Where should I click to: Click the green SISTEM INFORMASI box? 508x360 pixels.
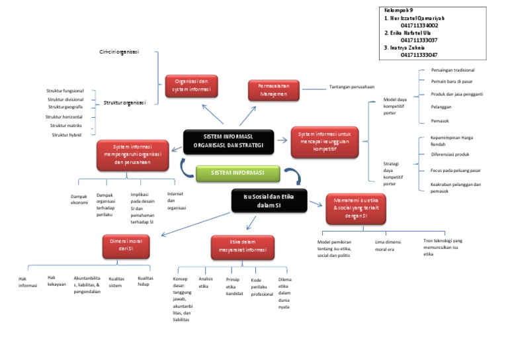click(236, 173)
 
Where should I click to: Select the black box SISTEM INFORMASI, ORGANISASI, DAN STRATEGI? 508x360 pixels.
click(228, 141)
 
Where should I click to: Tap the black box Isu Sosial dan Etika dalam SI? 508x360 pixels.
click(269, 201)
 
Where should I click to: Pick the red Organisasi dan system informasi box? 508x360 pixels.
click(190, 86)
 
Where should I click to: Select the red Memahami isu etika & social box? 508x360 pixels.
click(355, 210)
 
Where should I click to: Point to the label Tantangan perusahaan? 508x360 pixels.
click(351, 87)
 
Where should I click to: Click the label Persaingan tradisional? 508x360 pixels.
click(452, 70)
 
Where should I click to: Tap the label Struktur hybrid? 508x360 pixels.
click(66, 135)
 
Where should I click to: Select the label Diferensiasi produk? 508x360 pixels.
click(450, 154)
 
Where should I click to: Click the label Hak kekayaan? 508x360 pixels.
click(57, 281)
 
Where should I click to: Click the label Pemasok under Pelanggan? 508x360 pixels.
click(440, 120)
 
